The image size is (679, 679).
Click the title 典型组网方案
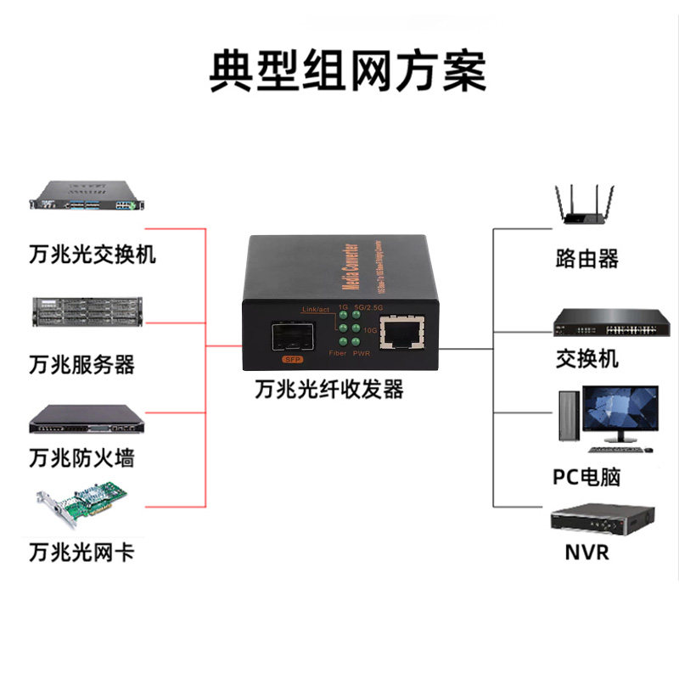pos(348,71)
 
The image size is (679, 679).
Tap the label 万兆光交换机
pos(92,254)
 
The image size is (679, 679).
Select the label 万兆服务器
pos(81,365)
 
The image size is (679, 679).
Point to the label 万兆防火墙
pos(81,458)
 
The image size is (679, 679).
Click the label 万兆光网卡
pos(81,553)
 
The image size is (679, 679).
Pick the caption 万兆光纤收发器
pos(329,390)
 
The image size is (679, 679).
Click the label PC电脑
pos(587,476)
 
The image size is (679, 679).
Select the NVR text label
pos(587,553)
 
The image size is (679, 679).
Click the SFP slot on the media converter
pos(290,337)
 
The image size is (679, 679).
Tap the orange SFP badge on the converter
pos(291,360)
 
